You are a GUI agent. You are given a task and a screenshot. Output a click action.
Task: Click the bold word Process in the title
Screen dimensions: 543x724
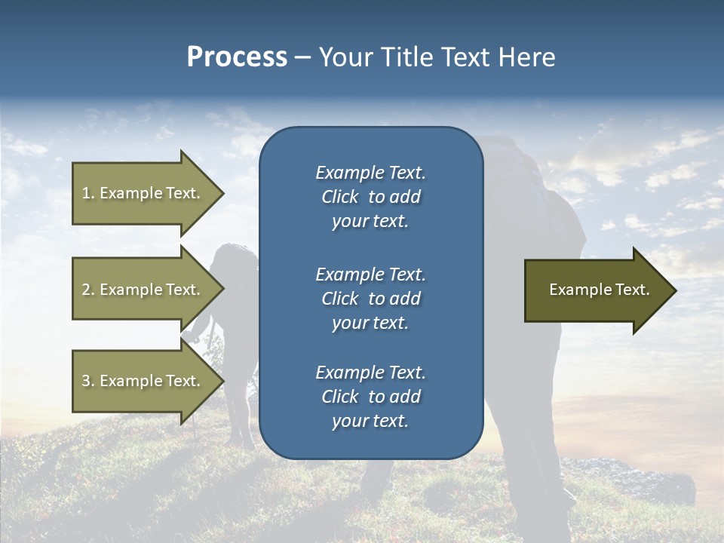[237, 57]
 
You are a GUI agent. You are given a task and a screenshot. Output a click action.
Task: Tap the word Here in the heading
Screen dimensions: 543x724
[526, 57]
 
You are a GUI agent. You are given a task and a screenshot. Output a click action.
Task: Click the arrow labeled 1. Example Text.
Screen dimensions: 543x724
[143, 193]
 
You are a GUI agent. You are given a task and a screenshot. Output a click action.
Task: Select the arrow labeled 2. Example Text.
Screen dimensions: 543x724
[143, 290]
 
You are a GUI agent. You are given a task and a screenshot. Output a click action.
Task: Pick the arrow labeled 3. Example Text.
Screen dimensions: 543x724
[143, 381]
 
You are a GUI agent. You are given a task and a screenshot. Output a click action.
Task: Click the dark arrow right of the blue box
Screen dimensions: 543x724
[596, 290]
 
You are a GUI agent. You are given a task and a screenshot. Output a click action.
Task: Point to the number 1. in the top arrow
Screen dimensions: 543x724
[88, 193]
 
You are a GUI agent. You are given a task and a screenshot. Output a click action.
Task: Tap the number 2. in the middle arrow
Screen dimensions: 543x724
[88, 290]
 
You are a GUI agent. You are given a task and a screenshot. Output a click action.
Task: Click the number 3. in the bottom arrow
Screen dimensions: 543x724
[88, 381]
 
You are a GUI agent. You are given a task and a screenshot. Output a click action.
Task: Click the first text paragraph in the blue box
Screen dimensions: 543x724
[370, 197]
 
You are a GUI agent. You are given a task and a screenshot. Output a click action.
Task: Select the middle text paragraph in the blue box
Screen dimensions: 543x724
[370, 299]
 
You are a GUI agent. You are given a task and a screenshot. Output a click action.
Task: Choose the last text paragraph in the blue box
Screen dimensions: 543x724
[370, 397]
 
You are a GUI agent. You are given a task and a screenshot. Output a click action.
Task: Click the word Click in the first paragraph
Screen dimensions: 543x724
[339, 197]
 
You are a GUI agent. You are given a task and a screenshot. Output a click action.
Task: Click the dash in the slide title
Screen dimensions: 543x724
[302, 58]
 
